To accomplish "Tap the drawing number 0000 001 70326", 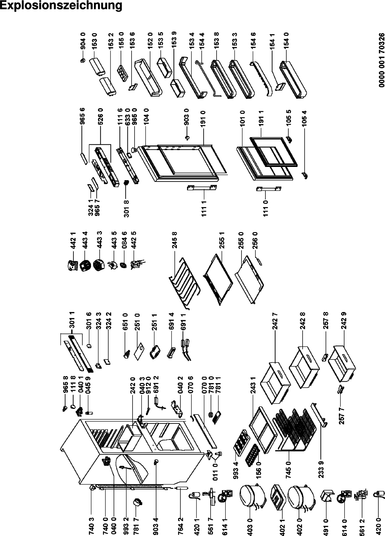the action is (x=382, y=60).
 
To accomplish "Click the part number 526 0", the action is (x=100, y=116).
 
